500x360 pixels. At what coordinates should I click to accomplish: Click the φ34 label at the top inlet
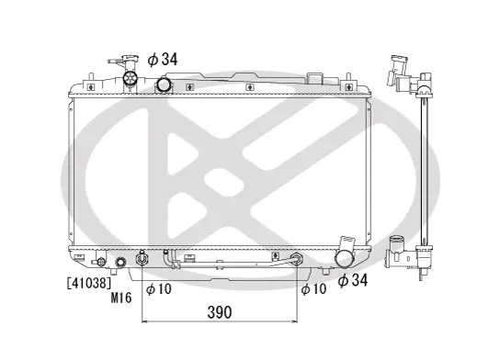[x=163, y=59]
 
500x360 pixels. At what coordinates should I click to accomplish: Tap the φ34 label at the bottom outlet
[x=353, y=279]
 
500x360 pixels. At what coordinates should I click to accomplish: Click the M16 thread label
[x=121, y=297]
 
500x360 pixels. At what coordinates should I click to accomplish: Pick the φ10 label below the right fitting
[x=312, y=289]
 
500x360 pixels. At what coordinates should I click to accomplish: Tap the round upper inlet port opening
[x=165, y=85]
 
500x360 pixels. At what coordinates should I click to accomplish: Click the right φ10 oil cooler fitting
[x=297, y=261]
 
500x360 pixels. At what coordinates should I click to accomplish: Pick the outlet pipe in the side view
[x=398, y=248]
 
